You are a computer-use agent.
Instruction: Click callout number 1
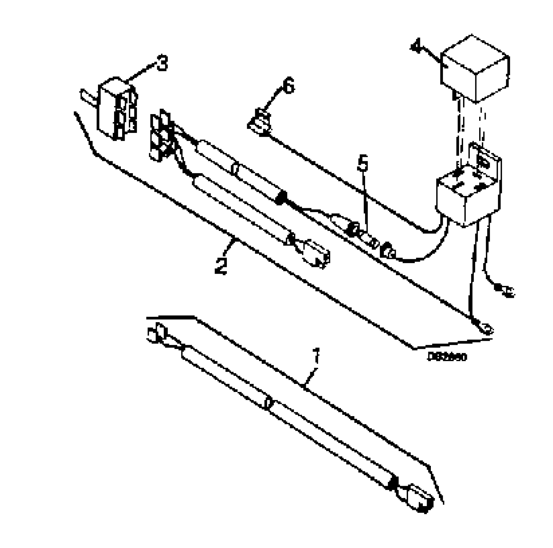coord(317,355)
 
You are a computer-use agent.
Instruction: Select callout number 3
coord(162,63)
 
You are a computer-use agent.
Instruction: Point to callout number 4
coord(416,47)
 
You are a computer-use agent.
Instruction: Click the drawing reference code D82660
coord(447,357)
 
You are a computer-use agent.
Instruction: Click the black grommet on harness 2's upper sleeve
coord(281,197)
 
